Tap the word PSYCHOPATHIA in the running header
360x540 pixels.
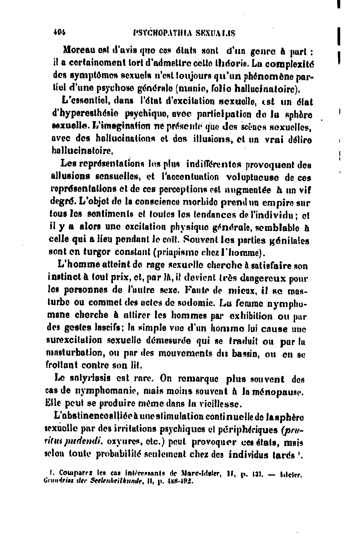click(x=160, y=33)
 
